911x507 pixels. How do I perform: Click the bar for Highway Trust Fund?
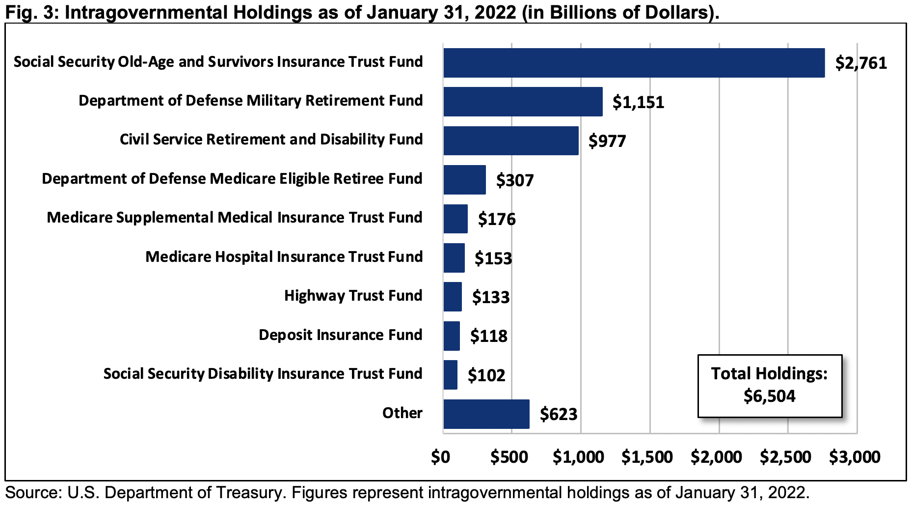click(x=453, y=296)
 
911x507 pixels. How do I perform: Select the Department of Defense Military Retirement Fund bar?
click(x=523, y=102)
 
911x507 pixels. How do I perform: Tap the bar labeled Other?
click(x=486, y=414)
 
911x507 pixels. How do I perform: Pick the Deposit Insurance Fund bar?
click(x=452, y=336)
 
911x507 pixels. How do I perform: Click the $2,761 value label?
click(x=861, y=63)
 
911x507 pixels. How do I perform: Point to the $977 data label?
click(x=607, y=141)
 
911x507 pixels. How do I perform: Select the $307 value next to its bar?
click(x=514, y=180)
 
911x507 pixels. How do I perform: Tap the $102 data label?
click(x=486, y=375)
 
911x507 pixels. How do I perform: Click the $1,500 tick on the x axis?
click(x=647, y=457)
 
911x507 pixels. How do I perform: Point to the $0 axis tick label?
click(x=440, y=457)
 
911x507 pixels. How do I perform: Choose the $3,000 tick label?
click(x=855, y=457)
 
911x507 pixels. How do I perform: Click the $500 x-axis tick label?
click(x=509, y=457)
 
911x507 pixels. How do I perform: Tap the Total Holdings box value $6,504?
click(x=769, y=396)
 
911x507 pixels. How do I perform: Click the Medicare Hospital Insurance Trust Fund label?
click(x=284, y=256)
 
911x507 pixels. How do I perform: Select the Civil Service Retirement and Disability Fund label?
click(x=271, y=140)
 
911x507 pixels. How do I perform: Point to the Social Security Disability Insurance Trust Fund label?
click(x=263, y=373)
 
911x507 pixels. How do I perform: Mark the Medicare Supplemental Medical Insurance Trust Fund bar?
click(x=455, y=219)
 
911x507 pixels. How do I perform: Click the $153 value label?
click(x=493, y=258)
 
